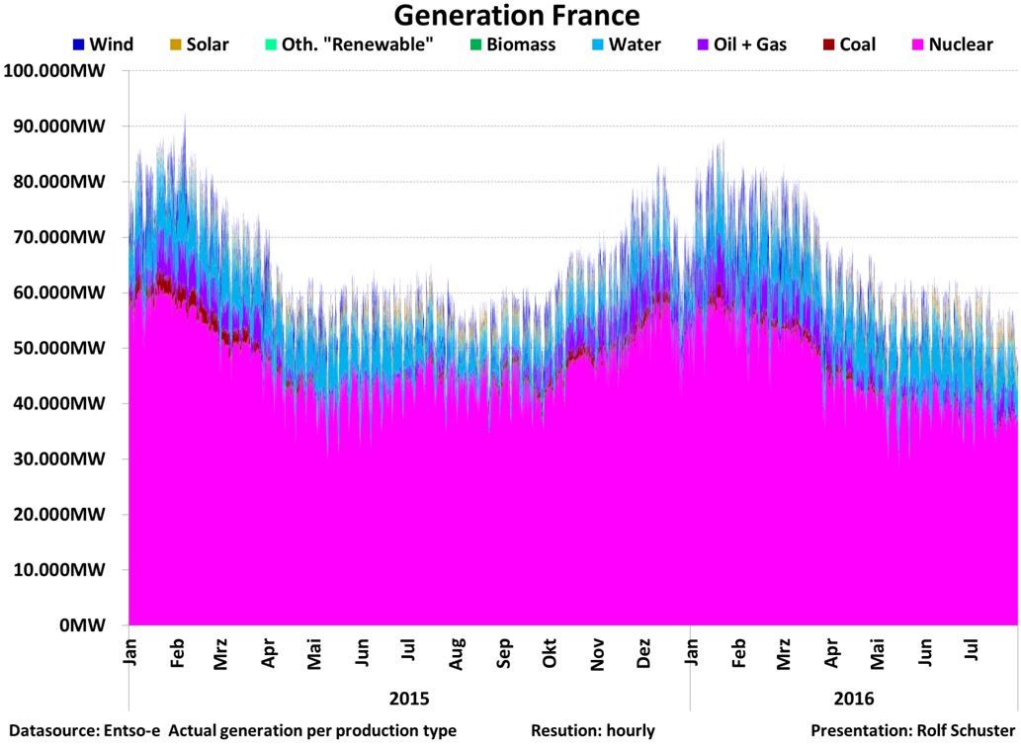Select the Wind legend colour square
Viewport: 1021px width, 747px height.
[x=77, y=45]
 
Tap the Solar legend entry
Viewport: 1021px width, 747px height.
[x=199, y=45]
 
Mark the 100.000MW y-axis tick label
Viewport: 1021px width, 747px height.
[x=60, y=71]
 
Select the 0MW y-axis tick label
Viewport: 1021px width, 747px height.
[x=93, y=626]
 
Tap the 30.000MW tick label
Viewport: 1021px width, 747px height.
[x=64, y=459]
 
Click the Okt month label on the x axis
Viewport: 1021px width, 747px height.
[x=549, y=653]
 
